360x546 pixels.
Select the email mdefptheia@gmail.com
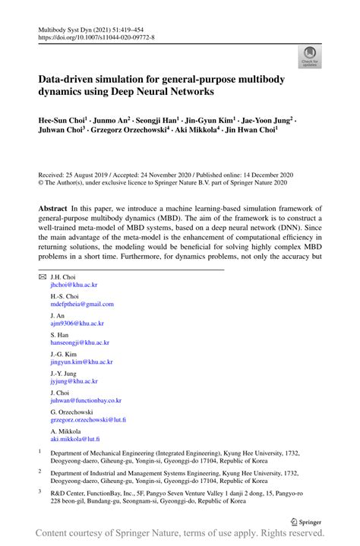click(x=82, y=304)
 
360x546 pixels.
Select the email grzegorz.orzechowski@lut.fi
click(x=88, y=419)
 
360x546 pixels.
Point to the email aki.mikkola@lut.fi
click(x=75, y=439)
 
